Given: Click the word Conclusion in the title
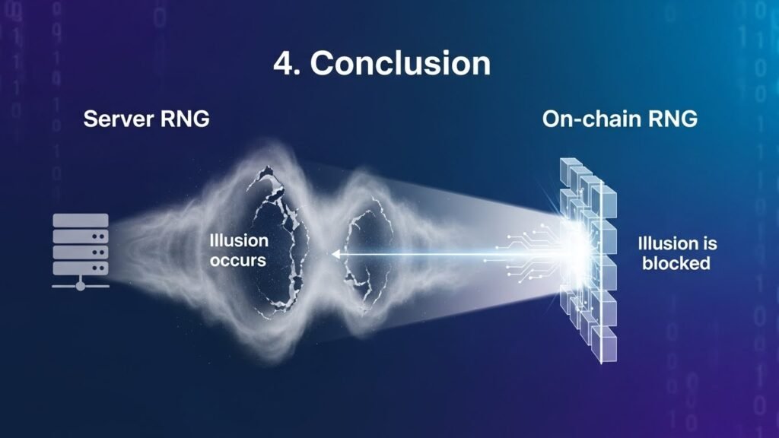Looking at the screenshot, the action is (x=400, y=63).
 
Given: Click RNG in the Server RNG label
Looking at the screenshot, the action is (x=184, y=119).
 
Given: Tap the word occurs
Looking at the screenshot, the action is (x=238, y=260).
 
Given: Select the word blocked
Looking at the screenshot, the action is (x=676, y=263).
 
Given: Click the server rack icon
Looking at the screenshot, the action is (x=81, y=251).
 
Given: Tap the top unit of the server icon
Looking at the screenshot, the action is (x=81, y=220).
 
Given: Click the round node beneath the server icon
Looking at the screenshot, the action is (x=81, y=286).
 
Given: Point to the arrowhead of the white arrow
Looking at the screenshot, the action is (x=335, y=254).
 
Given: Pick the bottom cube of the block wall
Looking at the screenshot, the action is (x=604, y=344).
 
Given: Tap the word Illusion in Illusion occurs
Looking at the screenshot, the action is (x=239, y=240).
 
